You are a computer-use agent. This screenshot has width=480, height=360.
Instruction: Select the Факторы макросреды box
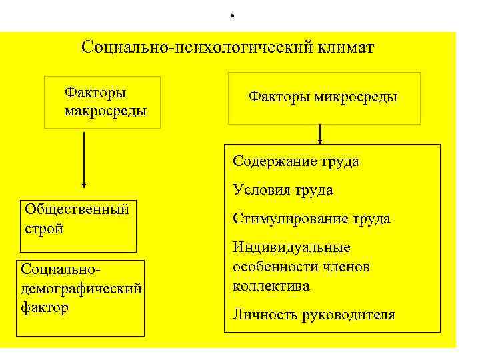[x=102, y=101]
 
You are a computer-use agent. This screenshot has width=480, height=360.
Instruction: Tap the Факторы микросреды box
[x=324, y=98]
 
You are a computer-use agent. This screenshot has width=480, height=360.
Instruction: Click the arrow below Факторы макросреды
[x=84, y=160]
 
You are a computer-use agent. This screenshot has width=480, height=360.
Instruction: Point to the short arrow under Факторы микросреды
[x=320, y=133]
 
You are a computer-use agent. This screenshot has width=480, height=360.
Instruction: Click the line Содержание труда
[x=296, y=161]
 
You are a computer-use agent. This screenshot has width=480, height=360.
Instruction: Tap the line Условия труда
[x=283, y=190]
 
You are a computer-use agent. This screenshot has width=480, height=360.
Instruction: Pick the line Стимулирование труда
[x=311, y=219]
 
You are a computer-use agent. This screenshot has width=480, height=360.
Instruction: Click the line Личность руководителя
[x=313, y=315]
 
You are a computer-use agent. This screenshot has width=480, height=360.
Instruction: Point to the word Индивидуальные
[x=291, y=248]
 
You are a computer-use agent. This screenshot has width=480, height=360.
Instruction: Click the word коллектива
[x=271, y=286]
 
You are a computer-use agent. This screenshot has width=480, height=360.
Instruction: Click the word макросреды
[x=105, y=110]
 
